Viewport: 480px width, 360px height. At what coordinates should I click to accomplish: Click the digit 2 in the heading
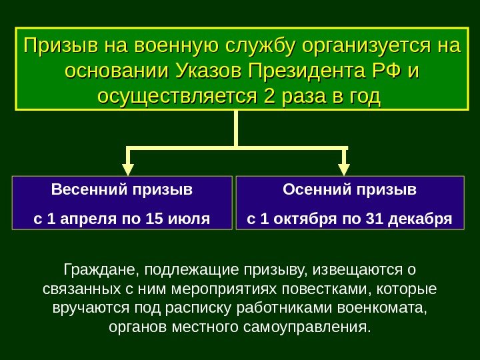269,96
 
